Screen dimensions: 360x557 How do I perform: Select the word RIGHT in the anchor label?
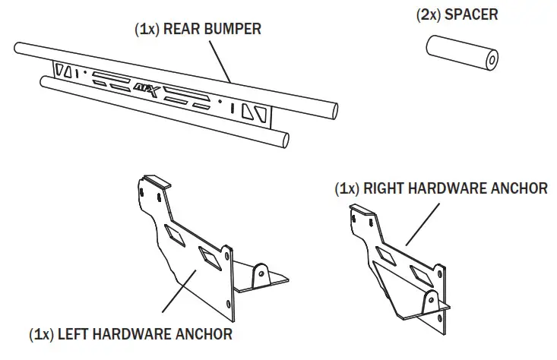click(385, 188)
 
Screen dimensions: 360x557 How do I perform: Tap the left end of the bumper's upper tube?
click(18, 50)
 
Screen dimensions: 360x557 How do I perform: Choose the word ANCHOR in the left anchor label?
click(201, 333)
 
